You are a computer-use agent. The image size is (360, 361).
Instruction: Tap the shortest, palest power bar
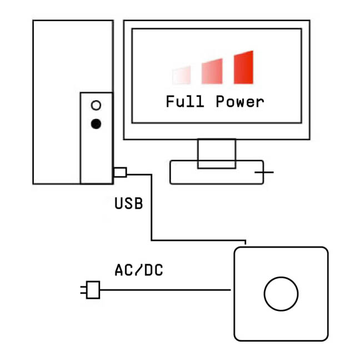(x=182, y=75)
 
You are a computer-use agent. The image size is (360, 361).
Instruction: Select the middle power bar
(x=212, y=71)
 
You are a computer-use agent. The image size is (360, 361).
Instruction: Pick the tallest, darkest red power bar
(x=243, y=67)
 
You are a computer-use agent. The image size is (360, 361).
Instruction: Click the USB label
(x=128, y=204)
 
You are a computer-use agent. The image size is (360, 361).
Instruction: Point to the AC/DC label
(x=139, y=271)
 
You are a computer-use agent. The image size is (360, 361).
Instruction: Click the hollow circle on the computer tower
(x=96, y=105)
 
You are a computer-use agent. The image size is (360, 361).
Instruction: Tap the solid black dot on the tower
(x=96, y=123)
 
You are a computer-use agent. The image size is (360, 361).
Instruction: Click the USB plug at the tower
(x=121, y=172)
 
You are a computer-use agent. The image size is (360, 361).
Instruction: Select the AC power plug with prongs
(x=92, y=289)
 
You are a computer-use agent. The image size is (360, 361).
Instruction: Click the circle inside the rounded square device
(x=281, y=294)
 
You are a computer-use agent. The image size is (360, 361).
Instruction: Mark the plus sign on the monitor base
(x=264, y=172)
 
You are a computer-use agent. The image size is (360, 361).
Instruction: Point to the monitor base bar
(x=183, y=174)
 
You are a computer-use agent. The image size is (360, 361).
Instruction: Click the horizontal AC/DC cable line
(x=167, y=289)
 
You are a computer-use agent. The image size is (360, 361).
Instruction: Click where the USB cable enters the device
(x=246, y=244)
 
